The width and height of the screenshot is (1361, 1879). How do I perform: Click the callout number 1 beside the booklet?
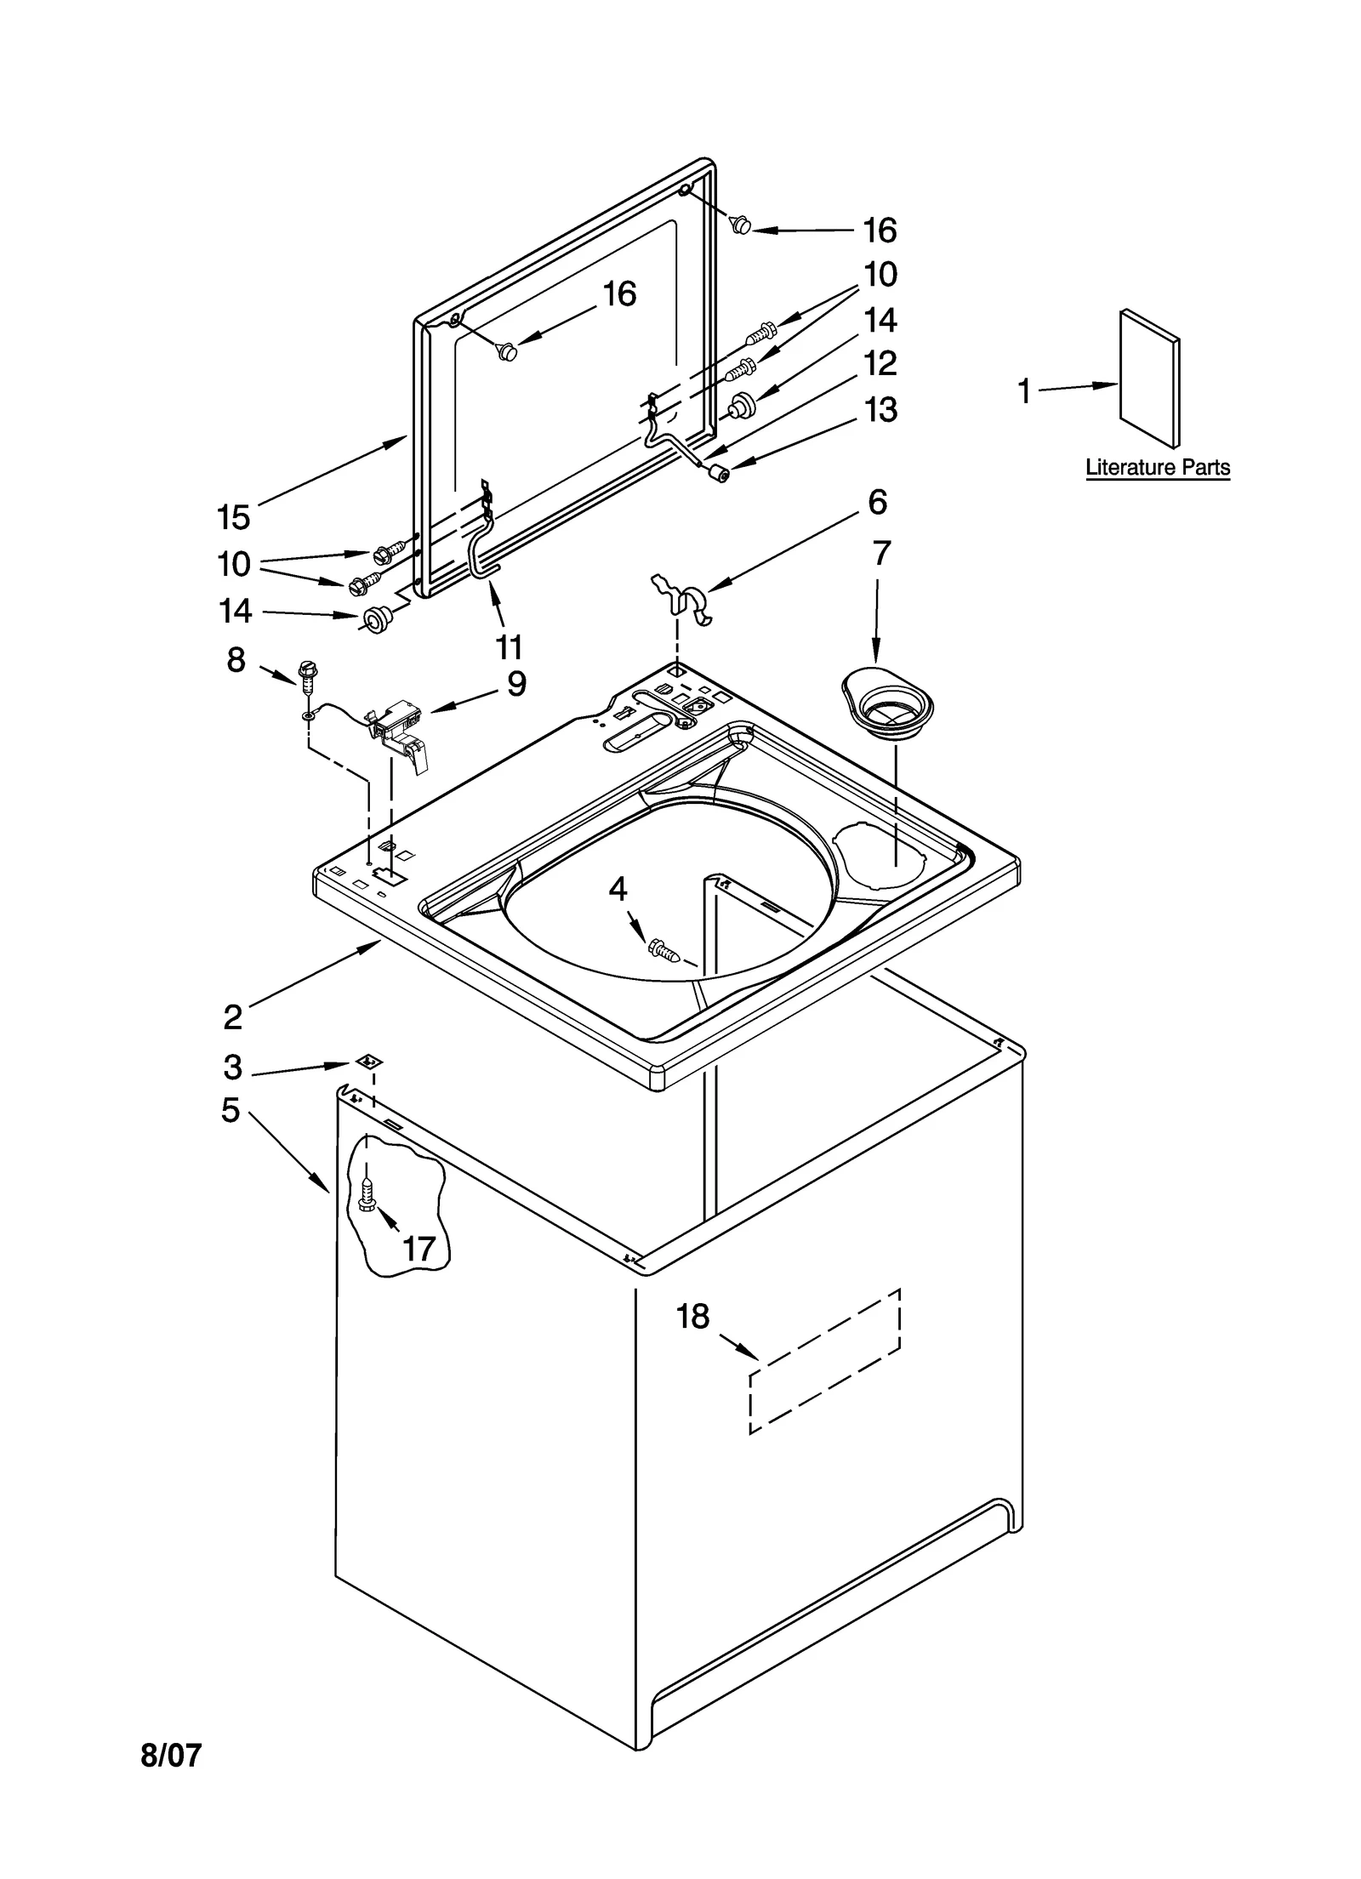(x=1024, y=392)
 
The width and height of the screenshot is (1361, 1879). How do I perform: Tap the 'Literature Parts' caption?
(x=1157, y=468)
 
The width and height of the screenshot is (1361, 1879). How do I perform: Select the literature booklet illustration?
(x=1149, y=379)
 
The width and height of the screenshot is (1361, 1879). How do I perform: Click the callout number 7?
(x=881, y=555)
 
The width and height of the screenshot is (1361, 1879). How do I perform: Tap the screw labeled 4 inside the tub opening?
(x=664, y=949)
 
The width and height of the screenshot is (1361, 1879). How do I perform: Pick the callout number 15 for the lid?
(x=233, y=517)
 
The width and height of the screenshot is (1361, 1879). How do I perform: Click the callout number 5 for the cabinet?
(x=231, y=1110)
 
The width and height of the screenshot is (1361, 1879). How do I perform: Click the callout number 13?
(x=880, y=410)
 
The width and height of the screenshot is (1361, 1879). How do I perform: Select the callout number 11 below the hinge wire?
(x=509, y=647)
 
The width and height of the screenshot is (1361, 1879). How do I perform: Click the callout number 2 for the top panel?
(x=232, y=1016)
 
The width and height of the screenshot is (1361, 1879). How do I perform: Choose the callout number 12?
(x=880, y=364)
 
